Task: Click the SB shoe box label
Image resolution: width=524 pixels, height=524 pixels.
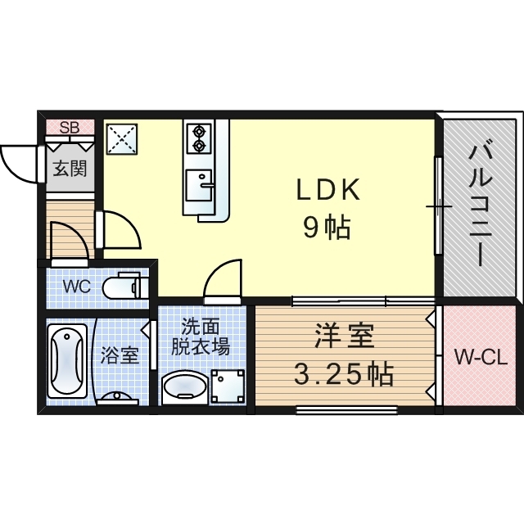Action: point(70,127)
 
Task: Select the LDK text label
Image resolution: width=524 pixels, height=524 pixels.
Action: point(327,190)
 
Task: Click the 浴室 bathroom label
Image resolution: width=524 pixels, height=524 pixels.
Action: point(120,356)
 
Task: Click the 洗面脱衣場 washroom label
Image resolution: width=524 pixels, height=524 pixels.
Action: point(200,336)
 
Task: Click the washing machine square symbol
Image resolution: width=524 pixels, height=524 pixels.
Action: point(228,385)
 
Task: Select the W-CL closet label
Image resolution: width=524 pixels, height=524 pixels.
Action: point(481,357)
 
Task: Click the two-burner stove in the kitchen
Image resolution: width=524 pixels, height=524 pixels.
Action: point(199,138)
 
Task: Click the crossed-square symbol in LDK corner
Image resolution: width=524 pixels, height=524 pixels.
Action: point(124,137)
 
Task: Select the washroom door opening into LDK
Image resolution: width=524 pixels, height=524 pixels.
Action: point(223,280)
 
